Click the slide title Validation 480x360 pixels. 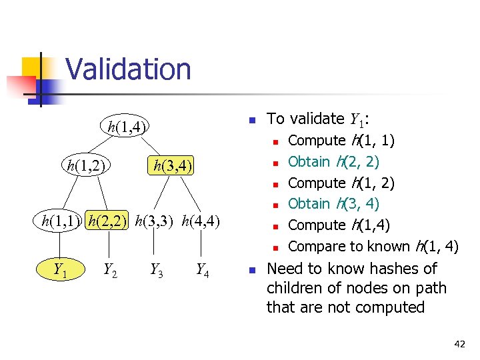pos(128,69)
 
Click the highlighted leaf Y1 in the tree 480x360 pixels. pos(59,270)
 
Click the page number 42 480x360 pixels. pos(459,344)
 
